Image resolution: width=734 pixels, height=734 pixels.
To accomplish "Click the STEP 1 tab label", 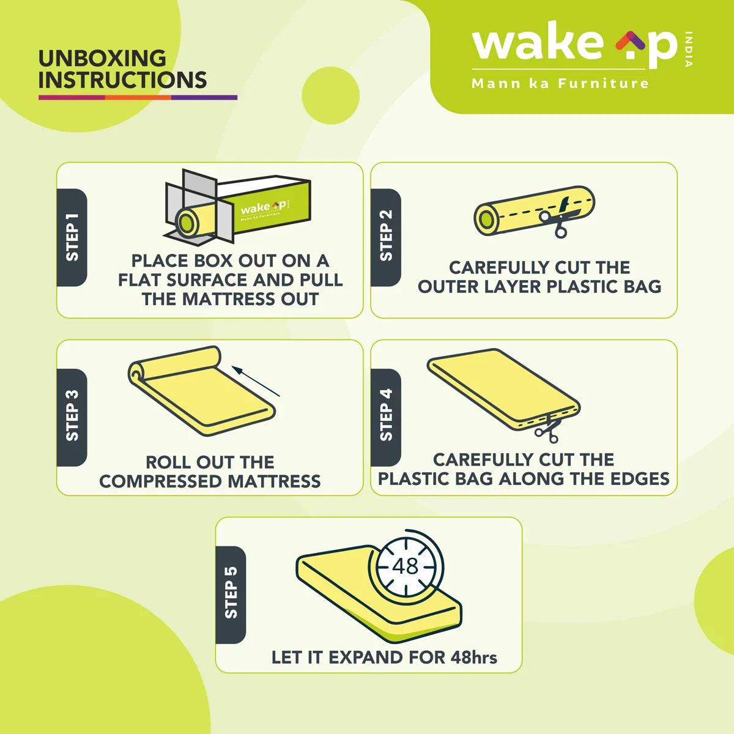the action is click(72, 237).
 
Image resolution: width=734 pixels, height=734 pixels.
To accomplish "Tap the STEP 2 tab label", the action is click(386, 235).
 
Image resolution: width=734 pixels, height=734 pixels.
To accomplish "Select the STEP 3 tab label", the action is click(72, 416).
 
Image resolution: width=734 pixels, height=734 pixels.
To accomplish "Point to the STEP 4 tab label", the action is click(386, 415).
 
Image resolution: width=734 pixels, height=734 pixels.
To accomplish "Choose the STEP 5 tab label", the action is click(231, 592).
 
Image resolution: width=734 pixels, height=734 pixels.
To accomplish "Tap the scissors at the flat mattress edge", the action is click(547, 430).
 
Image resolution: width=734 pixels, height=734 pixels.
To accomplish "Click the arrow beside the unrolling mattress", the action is click(256, 381).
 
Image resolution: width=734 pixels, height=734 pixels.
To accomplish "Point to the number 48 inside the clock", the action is click(406, 566).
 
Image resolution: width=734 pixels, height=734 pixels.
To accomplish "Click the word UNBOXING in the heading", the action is click(103, 58).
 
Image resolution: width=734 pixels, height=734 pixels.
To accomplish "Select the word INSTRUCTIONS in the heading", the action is click(123, 80).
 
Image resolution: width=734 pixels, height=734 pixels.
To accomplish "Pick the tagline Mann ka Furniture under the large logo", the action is click(560, 83).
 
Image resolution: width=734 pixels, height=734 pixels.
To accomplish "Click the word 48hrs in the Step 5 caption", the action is click(474, 657).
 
